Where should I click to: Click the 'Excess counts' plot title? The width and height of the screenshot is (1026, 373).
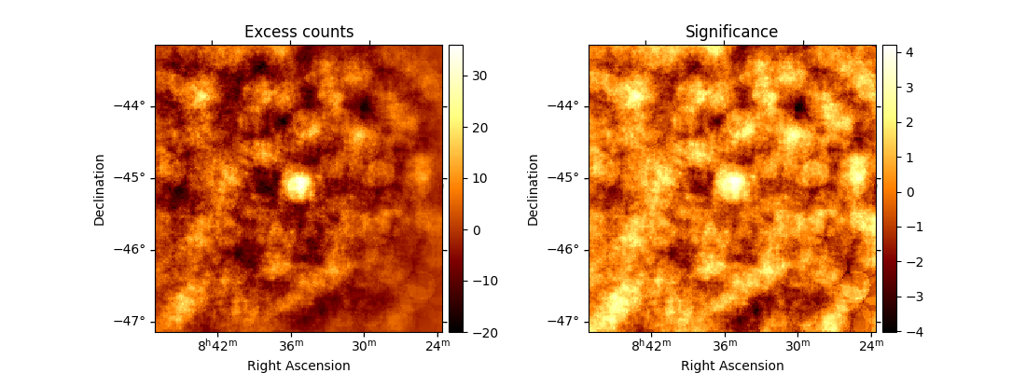[x=298, y=32]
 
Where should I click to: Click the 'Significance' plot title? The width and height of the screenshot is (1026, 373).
[x=731, y=32]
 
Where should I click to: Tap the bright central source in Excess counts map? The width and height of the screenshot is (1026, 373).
[x=298, y=185]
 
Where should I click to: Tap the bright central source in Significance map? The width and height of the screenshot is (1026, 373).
[x=731, y=185]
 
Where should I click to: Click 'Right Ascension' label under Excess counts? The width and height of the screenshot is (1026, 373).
[x=298, y=366]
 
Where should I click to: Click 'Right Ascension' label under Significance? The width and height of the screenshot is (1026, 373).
[x=732, y=366]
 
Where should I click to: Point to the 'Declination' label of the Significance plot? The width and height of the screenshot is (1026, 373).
[x=534, y=189]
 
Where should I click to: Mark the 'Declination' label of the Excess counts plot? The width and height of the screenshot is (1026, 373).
[x=100, y=189]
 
